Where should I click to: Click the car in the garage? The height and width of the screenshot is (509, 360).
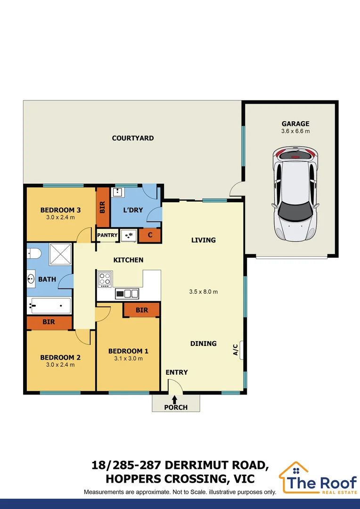click(295, 193)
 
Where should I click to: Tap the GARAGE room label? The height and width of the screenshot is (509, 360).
click(295, 123)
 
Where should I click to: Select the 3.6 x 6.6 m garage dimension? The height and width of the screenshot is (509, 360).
click(295, 131)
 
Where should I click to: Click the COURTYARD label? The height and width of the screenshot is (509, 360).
click(133, 138)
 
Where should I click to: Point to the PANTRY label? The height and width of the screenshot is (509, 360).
click(107, 235)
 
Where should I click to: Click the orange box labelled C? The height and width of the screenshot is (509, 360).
click(150, 235)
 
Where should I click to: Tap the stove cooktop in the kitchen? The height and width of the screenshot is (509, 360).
click(105, 279)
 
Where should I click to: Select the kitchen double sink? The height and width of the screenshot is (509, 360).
click(127, 294)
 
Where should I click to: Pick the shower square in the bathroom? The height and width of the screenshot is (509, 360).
click(60, 254)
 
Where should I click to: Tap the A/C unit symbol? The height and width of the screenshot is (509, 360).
click(241, 350)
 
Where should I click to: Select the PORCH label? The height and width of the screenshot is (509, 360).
click(176, 407)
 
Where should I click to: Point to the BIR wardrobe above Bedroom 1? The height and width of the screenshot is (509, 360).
click(142, 310)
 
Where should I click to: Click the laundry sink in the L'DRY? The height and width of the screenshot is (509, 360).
click(117, 192)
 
